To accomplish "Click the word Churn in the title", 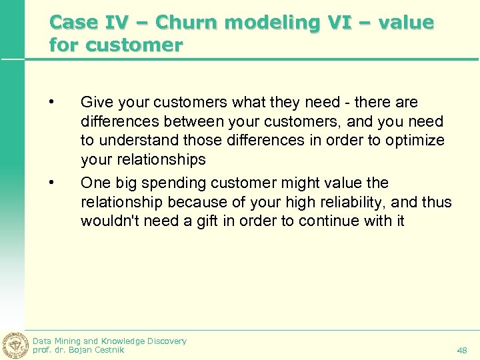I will (x=191, y=23).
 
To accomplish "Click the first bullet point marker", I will (x=51, y=102).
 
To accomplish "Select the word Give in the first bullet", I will (x=95, y=102).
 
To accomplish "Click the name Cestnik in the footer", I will (x=107, y=349).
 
